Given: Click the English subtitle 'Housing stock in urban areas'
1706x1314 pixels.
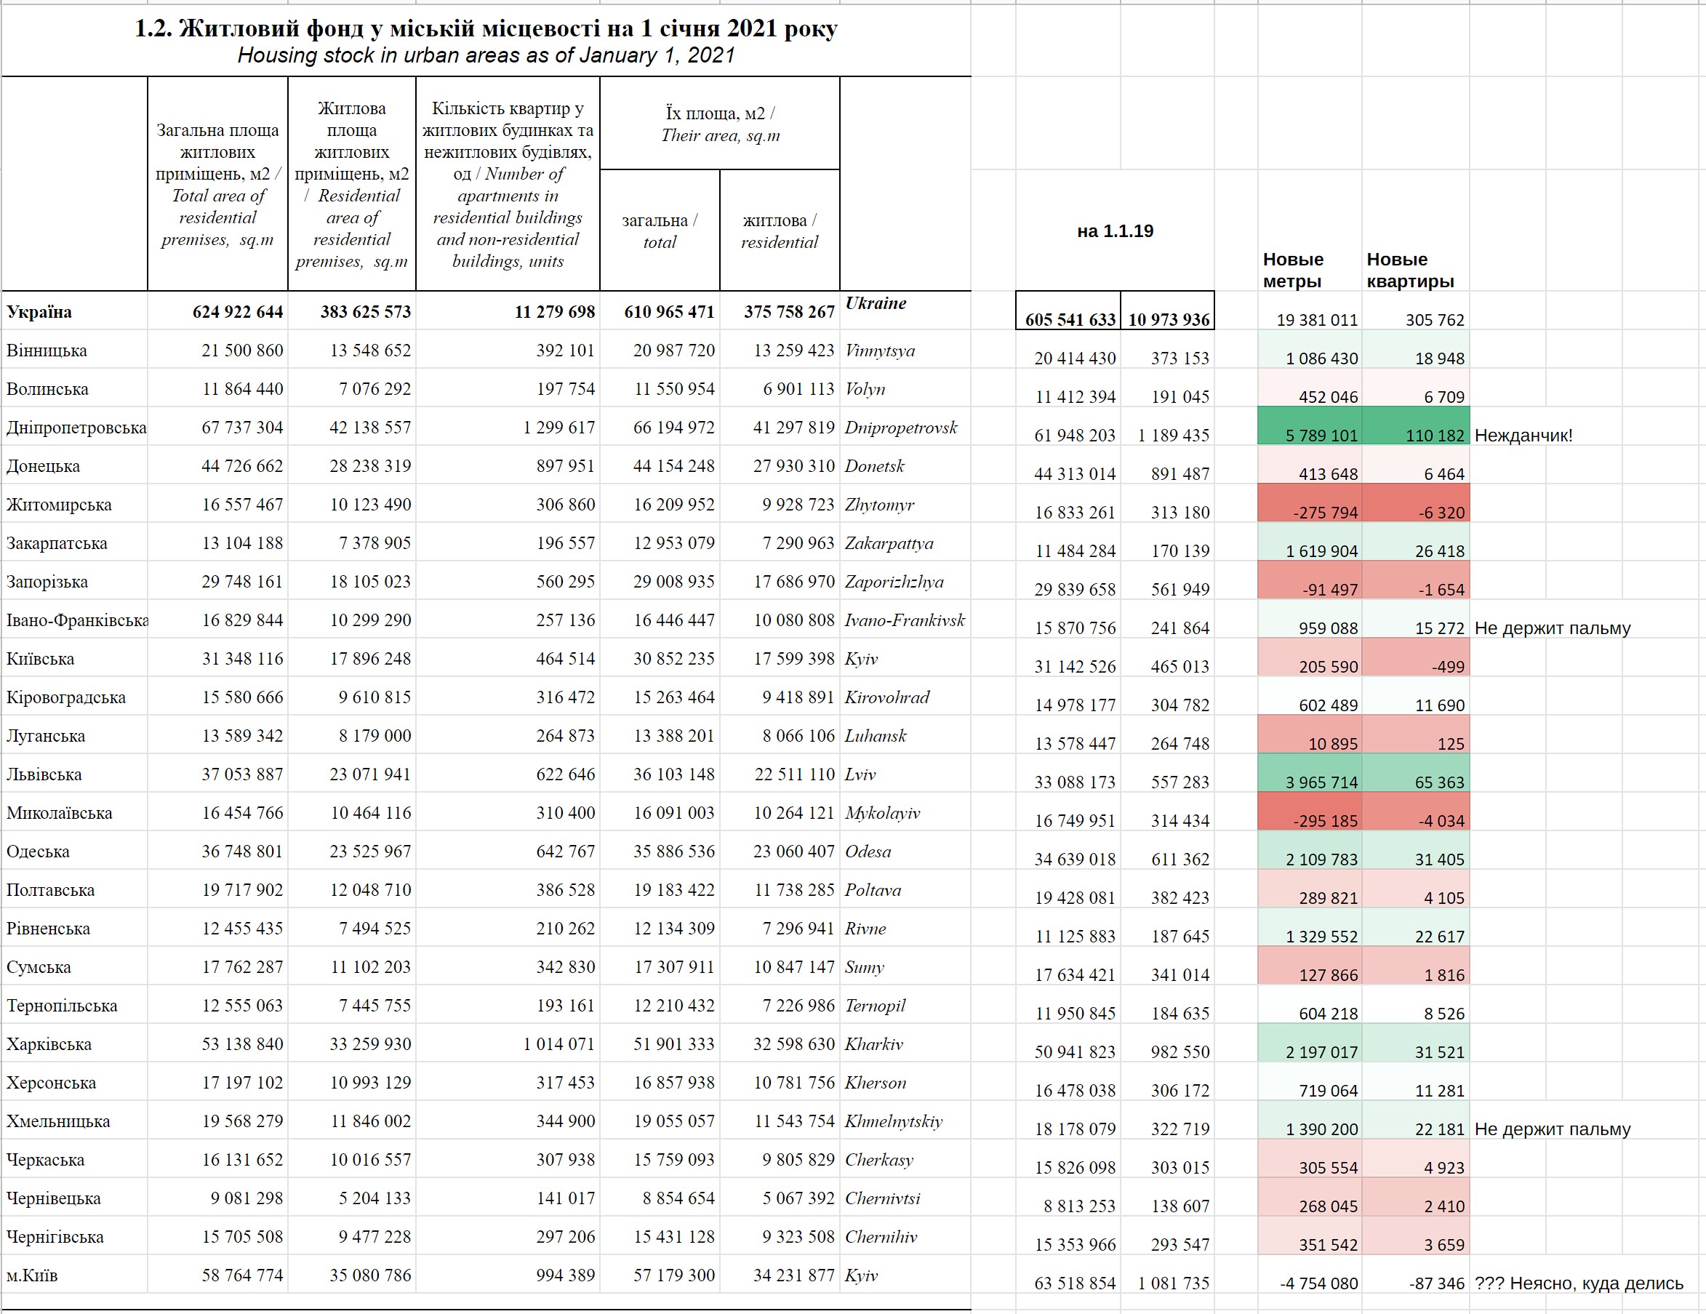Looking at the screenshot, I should click(x=486, y=55).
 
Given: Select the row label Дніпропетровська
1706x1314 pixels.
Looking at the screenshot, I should click(x=76, y=428).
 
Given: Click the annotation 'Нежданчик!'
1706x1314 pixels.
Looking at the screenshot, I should click(x=1523, y=435).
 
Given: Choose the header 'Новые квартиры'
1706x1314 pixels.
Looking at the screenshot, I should click(x=1409, y=271).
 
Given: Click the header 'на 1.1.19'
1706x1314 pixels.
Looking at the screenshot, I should click(x=1115, y=231).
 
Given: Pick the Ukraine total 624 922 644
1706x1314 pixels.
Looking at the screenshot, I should click(x=238, y=313).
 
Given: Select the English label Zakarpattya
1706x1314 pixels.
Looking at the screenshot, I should click(x=889, y=543).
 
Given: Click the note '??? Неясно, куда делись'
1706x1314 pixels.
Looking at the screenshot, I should click(x=1578, y=1283).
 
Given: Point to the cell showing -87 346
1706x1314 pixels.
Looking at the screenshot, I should click(x=1436, y=1283).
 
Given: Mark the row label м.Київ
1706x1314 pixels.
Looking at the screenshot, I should click(x=32, y=1275).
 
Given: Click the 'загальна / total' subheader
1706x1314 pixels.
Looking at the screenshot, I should click(x=660, y=231).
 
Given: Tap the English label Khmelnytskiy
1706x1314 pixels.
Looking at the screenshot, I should click(x=894, y=1122).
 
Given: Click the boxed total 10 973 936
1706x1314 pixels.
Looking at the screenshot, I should click(x=1169, y=319).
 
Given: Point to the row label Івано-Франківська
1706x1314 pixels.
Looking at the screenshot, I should click(x=76, y=620).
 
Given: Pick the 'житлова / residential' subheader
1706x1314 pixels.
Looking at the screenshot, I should click(x=779, y=231).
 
